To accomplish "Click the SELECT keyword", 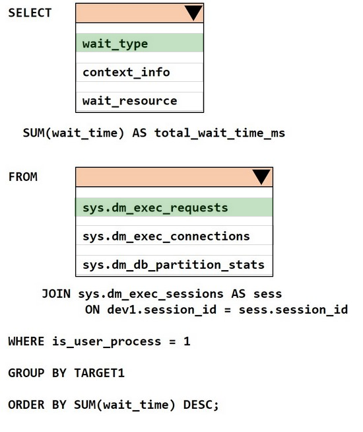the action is tap(30, 13).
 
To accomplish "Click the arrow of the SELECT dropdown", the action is tap(193, 13).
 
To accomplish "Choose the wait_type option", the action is tap(115, 44).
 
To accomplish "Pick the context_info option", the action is tap(126, 73).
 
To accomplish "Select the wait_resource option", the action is tap(129, 101).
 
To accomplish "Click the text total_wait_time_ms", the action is tap(220, 133).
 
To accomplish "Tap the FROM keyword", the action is tap(23, 177).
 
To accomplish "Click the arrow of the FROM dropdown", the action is tap(261, 177).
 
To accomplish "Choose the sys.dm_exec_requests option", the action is tap(155, 207).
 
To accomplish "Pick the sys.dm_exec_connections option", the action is tap(166, 236).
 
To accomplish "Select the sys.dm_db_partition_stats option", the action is tap(174, 265).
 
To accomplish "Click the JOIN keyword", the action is tap(56, 294).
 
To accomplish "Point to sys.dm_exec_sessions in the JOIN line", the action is tap(151, 294).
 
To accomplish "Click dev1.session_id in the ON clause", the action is tap(162, 310).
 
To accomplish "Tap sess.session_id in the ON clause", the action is tap(294, 310).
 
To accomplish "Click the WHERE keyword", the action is tap(26, 342).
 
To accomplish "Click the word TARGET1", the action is tap(100, 373).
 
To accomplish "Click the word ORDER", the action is tap(26, 405).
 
